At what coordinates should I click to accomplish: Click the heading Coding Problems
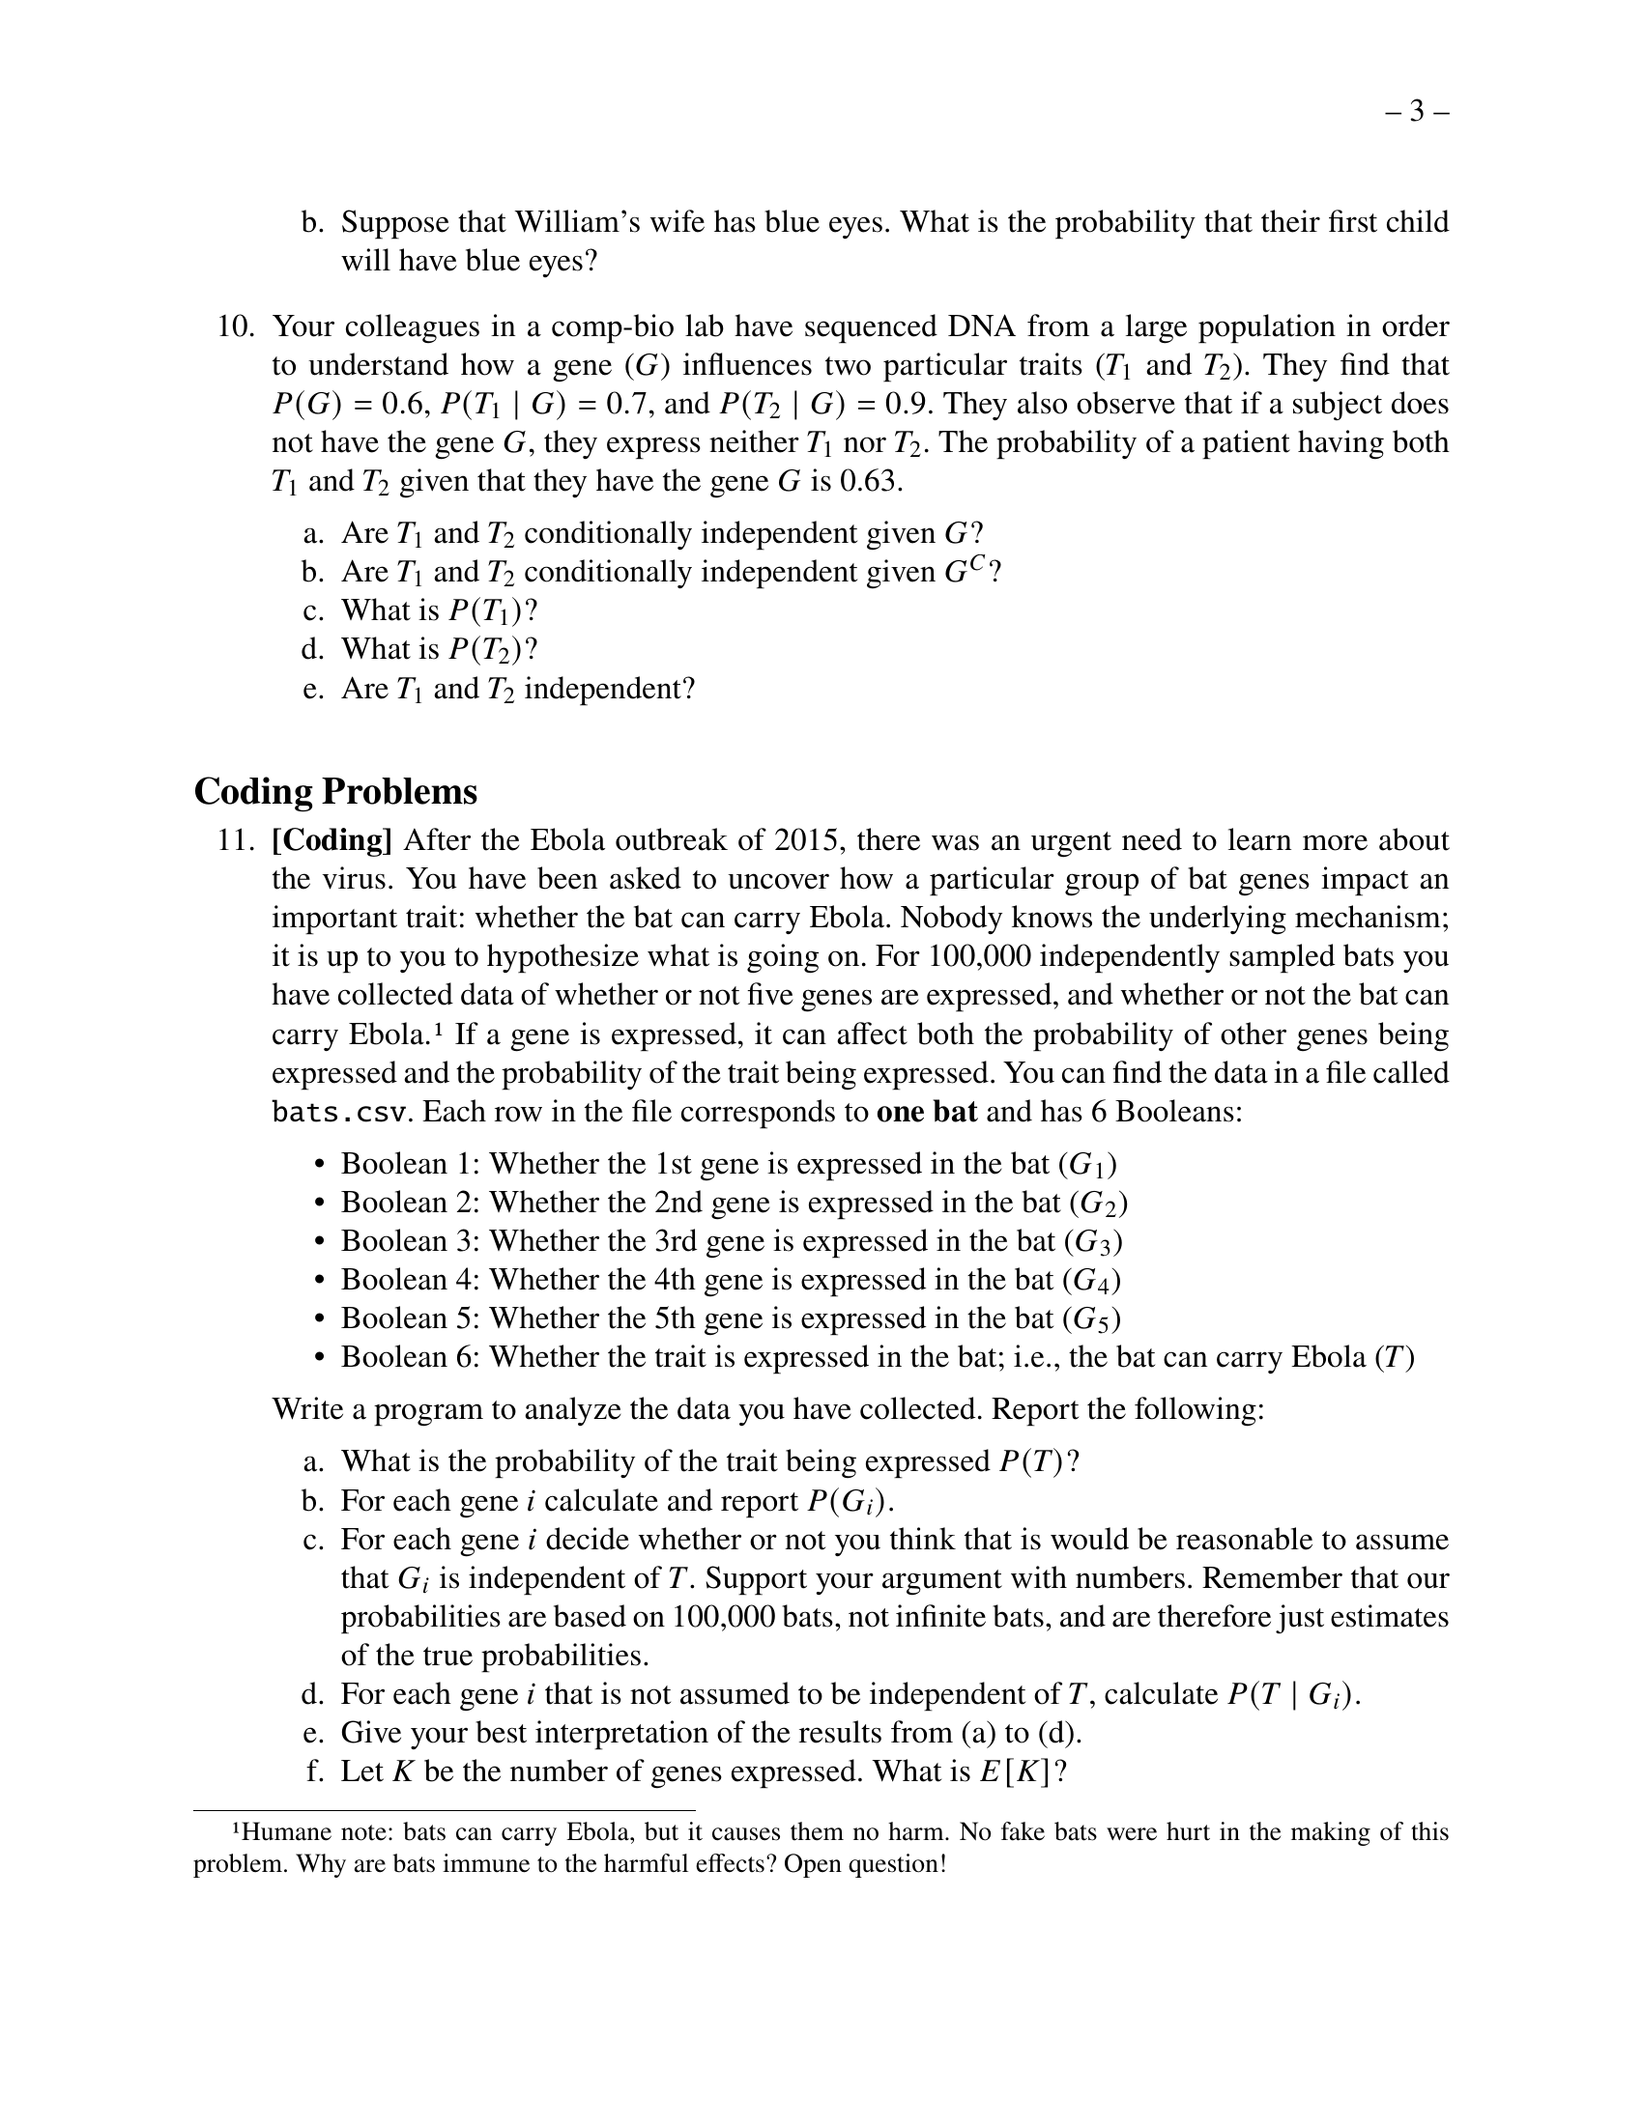[335, 792]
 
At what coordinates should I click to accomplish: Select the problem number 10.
[235, 326]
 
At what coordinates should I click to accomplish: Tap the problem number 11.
[235, 840]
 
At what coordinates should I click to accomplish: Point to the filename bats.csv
[337, 1112]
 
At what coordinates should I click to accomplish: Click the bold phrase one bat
[927, 1112]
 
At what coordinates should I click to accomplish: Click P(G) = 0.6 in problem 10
[351, 405]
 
